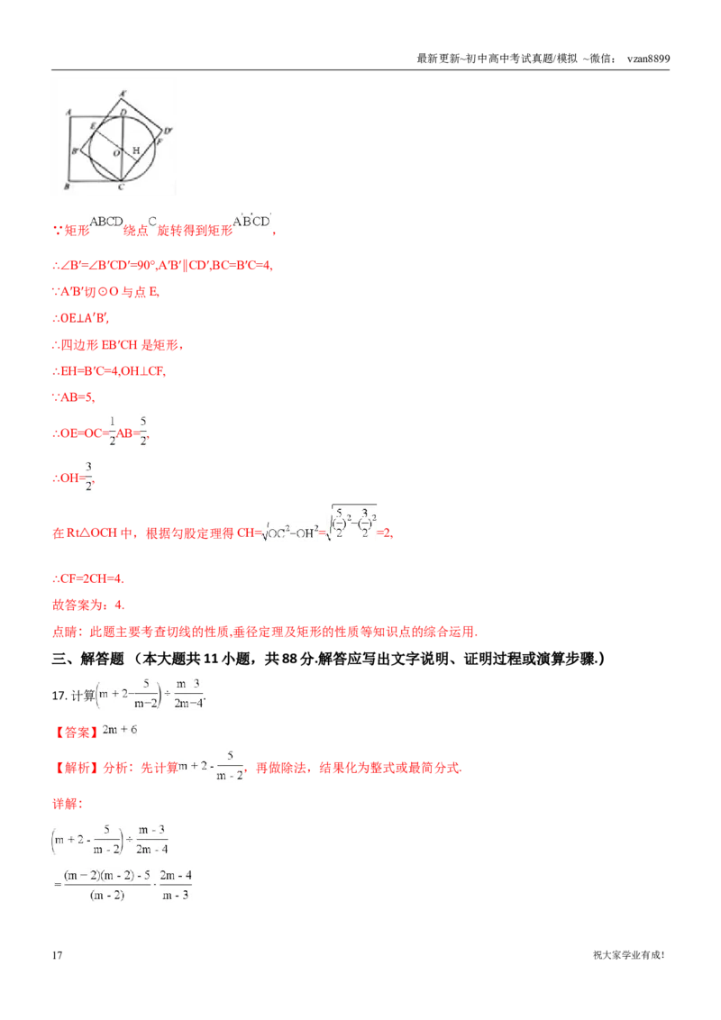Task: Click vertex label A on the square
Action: click(x=69, y=113)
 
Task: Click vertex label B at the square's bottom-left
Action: click(x=67, y=187)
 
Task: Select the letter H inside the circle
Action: click(x=136, y=150)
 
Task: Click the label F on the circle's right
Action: click(x=160, y=141)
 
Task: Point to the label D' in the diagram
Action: click(x=168, y=132)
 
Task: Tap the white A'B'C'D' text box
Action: click(x=251, y=221)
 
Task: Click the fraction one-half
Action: click(x=114, y=432)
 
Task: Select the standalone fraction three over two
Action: click(x=87, y=475)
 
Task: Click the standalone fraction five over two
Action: click(x=143, y=432)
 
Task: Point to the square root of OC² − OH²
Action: click(x=287, y=533)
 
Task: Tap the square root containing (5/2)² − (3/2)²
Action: click(x=353, y=523)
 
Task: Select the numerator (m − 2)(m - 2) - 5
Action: click(x=107, y=874)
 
